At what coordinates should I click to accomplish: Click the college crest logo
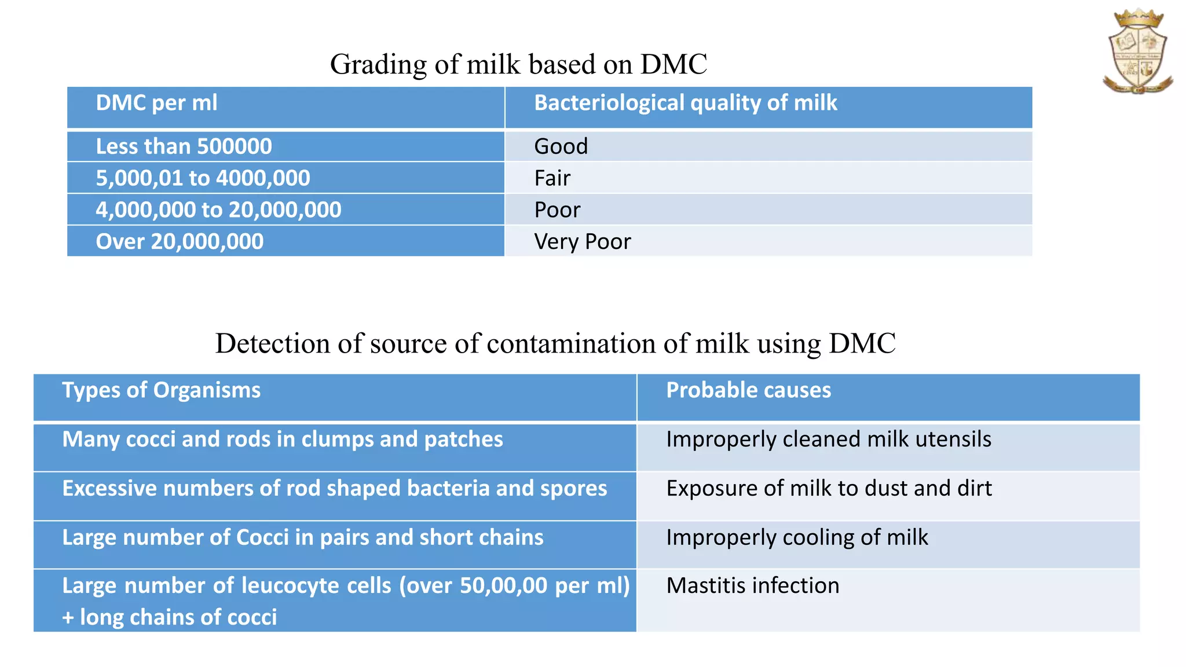pyautogui.click(x=1137, y=52)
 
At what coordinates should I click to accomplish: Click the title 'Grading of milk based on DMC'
pyautogui.click(x=518, y=64)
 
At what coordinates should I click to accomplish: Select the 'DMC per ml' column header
pyautogui.click(x=156, y=103)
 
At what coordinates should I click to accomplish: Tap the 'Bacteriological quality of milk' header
pyautogui.click(x=685, y=103)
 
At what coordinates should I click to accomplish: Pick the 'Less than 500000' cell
pyautogui.click(x=184, y=146)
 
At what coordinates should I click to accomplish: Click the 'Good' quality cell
pyautogui.click(x=561, y=146)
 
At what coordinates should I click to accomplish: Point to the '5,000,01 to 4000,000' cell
pyautogui.click(x=203, y=178)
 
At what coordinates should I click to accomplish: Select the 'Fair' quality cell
pyautogui.click(x=552, y=178)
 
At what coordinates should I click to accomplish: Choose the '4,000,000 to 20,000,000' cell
pyautogui.click(x=218, y=210)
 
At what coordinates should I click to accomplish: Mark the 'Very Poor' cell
pyautogui.click(x=582, y=241)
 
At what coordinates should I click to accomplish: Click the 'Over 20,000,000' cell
pyautogui.click(x=180, y=241)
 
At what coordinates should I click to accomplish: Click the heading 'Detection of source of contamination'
pyautogui.click(x=555, y=343)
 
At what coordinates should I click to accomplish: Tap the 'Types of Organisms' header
pyautogui.click(x=161, y=390)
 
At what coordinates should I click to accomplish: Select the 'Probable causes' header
pyautogui.click(x=748, y=390)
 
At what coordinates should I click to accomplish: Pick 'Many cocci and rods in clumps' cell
pyautogui.click(x=283, y=439)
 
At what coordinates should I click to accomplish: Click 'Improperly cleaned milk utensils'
pyautogui.click(x=828, y=439)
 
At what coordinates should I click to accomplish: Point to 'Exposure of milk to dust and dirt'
pyautogui.click(x=828, y=489)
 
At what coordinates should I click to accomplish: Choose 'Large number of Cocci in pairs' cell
pyautogui.click(x=303, y=537)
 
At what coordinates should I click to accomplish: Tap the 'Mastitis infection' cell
pyautogui.click(x=752, y=586)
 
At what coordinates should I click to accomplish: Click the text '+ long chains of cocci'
pyautogui.click(x=169, y=617)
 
